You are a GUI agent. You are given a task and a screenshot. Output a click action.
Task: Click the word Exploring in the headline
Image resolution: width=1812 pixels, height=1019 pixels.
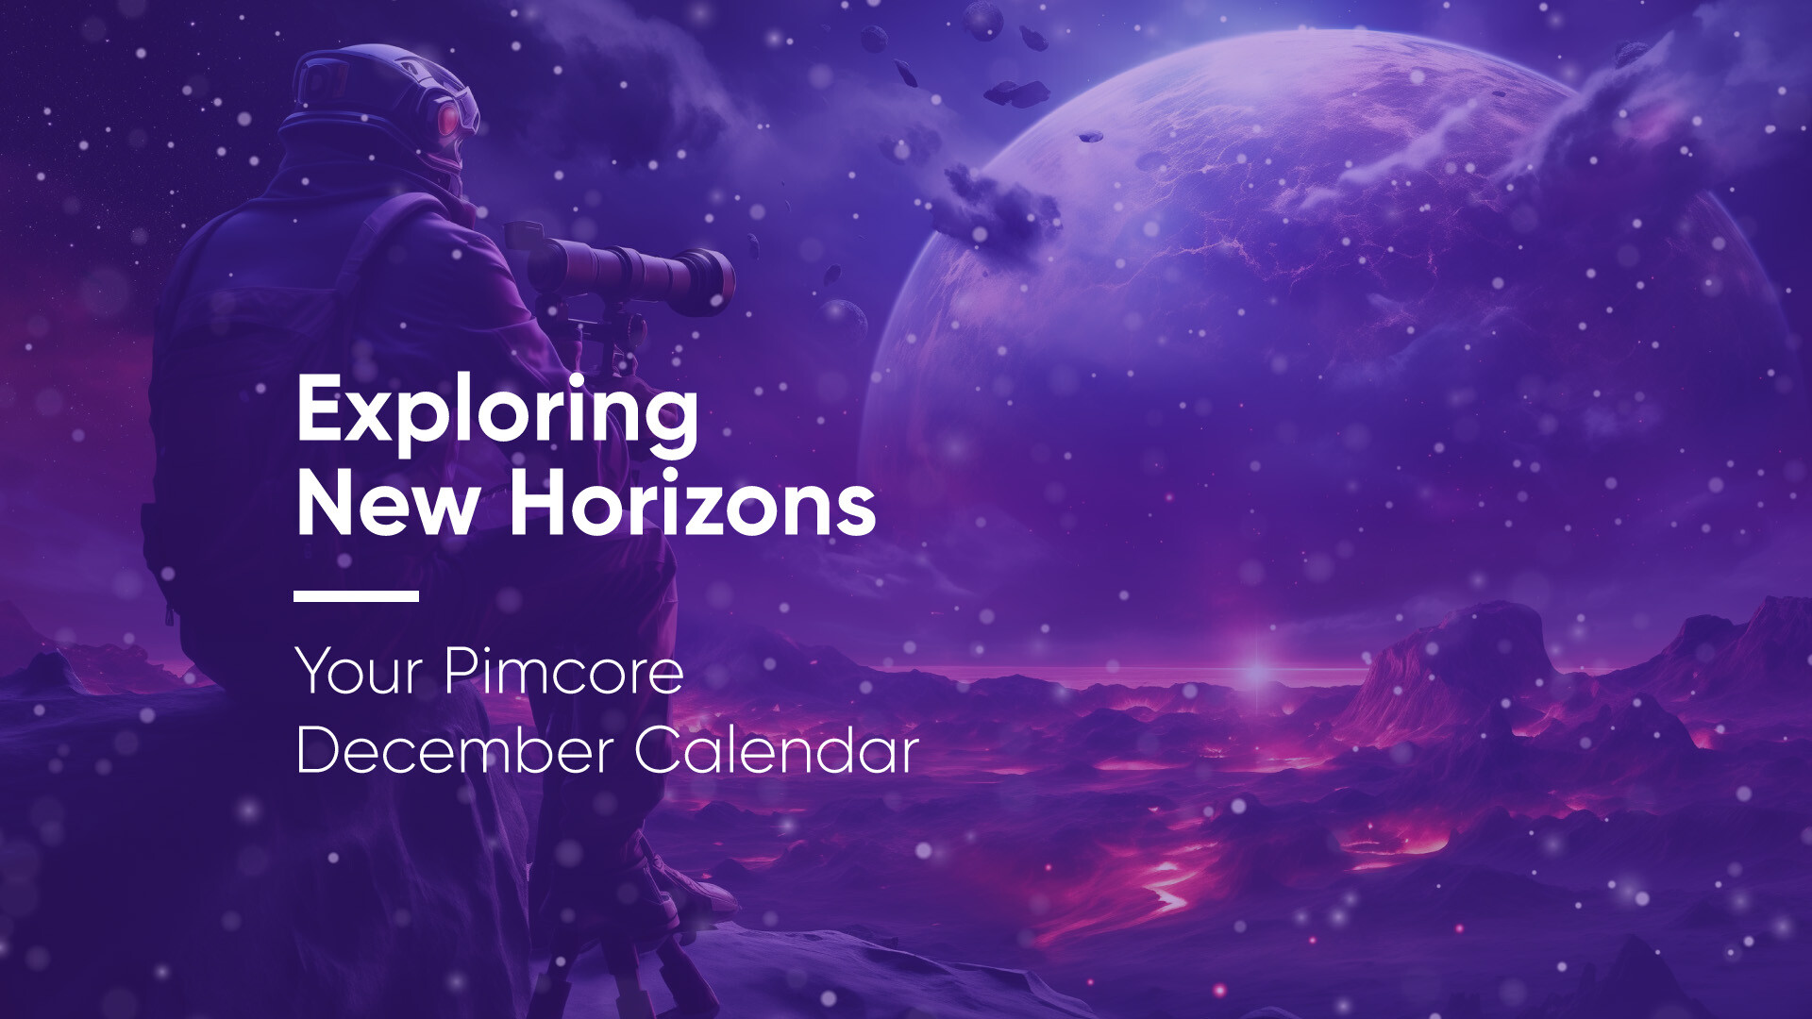pyautogui.click(x=497, y=410)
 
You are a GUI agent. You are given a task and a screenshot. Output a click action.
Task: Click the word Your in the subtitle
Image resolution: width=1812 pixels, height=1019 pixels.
pyautogui.click(x=359, y=672)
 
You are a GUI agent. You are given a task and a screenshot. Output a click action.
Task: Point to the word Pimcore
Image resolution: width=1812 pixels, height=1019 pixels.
pyautogui.click(x=563, y=672)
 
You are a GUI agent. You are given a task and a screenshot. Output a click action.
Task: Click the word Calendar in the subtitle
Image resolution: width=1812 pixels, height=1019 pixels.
pyautogui.click(x=776, y=751)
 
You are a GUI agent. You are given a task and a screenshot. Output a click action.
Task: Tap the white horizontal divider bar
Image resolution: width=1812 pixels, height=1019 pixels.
pyautogui.click(x=356, y=595)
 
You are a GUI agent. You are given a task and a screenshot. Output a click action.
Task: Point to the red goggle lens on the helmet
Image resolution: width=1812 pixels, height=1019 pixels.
pyautogui.click(x=449, y=119)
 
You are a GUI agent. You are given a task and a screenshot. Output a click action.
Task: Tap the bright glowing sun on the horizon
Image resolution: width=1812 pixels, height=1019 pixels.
pyautogui.click(x=1256, y=672)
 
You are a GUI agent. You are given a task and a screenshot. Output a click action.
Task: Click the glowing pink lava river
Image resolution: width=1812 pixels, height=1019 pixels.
pyautogui.click(x=1166, y=882)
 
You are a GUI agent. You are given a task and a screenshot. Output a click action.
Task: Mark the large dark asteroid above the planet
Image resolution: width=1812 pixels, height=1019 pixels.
pyautogui.click(x=1017, y=92)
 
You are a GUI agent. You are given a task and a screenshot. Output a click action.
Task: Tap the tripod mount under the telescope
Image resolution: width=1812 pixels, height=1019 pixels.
pyautogui.click(x=604, y=335)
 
